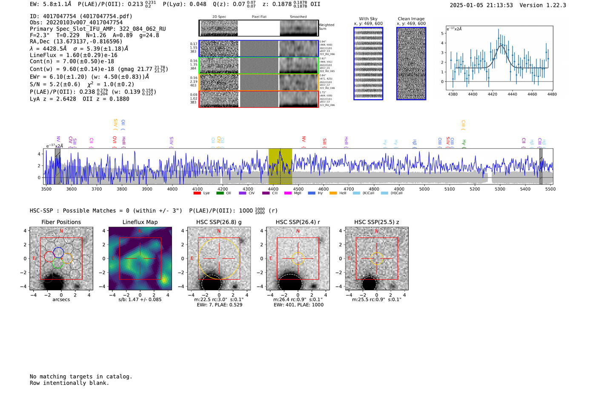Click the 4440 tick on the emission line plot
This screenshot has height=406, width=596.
[512, 94]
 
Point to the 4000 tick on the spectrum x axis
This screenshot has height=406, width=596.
[172, 189]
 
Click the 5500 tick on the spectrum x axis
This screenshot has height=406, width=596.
[550, 189]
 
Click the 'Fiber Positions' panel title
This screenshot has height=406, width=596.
[61, 222]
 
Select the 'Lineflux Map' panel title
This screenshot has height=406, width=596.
[140, 222]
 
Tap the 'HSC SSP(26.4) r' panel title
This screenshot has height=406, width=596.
[298, 222]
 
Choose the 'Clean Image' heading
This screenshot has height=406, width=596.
[411, 19]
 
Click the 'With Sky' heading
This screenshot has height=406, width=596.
[368, 19]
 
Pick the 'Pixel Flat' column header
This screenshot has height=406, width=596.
[259, 17]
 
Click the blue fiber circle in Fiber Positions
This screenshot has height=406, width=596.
[58, 252]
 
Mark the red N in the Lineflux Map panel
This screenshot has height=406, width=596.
[140, 231]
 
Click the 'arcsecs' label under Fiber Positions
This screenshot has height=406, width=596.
[61, 299]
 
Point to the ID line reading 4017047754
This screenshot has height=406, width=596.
[81, 16]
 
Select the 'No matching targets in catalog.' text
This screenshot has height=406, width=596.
[81, 377]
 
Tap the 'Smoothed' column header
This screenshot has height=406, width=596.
[298, 17]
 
